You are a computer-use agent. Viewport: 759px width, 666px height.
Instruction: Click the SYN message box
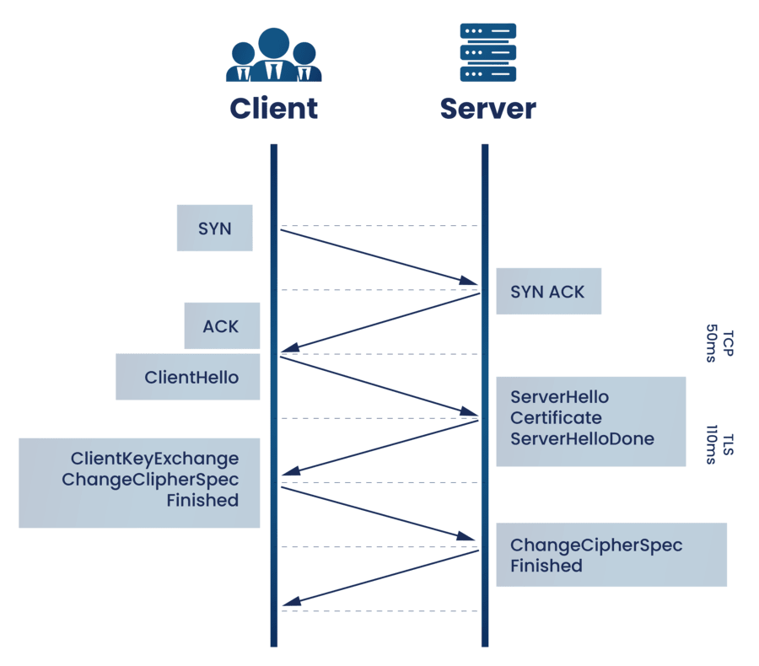(x=214, y=228)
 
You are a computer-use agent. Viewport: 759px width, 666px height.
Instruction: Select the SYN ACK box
(x=548, y=292)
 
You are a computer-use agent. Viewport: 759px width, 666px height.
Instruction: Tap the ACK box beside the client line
(x=222, y=326)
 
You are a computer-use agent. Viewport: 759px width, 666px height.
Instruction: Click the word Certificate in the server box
(x=556, y=418)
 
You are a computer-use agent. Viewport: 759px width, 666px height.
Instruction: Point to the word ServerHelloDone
(x=582, y=438)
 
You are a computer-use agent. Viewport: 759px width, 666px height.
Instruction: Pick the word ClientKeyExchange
(x=154, y=459)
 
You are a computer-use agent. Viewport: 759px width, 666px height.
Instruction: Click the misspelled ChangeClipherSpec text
(x=150, y=480)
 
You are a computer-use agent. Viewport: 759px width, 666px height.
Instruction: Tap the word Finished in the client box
(x=202, y=500)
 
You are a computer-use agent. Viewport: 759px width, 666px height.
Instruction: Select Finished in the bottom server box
(x=546, y=566)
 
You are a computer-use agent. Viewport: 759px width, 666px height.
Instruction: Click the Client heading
(x=273, y=109)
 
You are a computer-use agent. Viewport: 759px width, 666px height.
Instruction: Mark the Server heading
(x=487, y=109)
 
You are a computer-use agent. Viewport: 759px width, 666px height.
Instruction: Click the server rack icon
(x=487, y=52)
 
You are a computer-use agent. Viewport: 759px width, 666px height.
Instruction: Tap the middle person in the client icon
(x=273, y=54)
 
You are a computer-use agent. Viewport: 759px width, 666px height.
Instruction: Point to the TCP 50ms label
(x=719, y=344)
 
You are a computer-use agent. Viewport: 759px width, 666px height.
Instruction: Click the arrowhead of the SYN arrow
(x=472, y=282)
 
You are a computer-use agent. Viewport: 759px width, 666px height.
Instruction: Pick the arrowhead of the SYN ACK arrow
(x=287, y=349)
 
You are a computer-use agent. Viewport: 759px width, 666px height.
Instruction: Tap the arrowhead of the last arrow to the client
(x=287, y=603)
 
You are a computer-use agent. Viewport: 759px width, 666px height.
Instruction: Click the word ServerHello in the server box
(x=559, y=397)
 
